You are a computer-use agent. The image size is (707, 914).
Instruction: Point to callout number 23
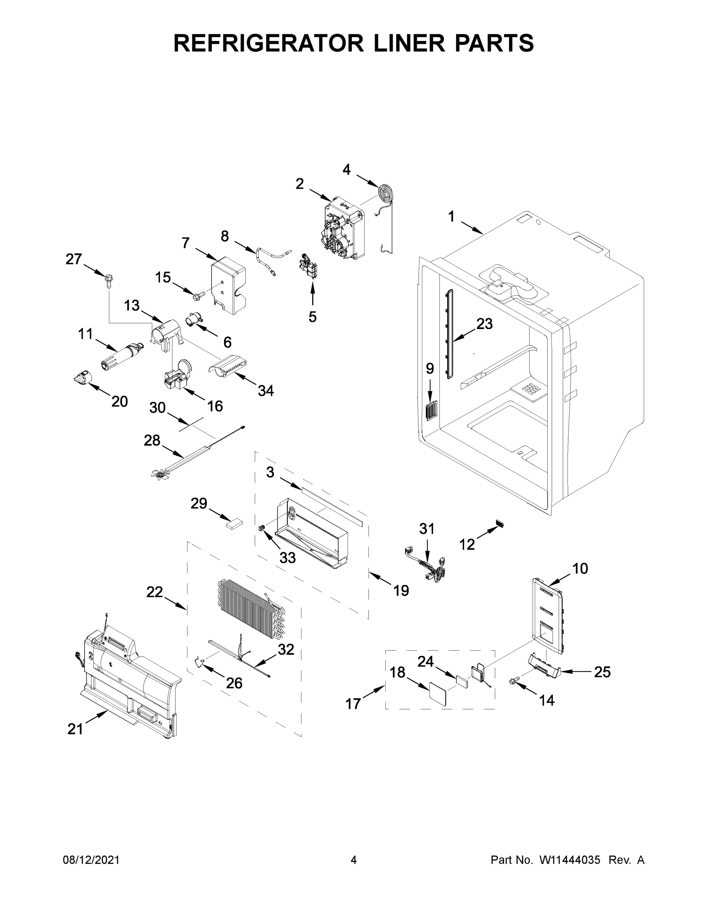(484, 324)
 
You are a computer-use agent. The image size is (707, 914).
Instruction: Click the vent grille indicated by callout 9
(430, 410)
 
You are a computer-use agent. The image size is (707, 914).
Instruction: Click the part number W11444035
(570, 860)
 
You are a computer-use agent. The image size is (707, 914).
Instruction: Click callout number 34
(266, 391)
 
